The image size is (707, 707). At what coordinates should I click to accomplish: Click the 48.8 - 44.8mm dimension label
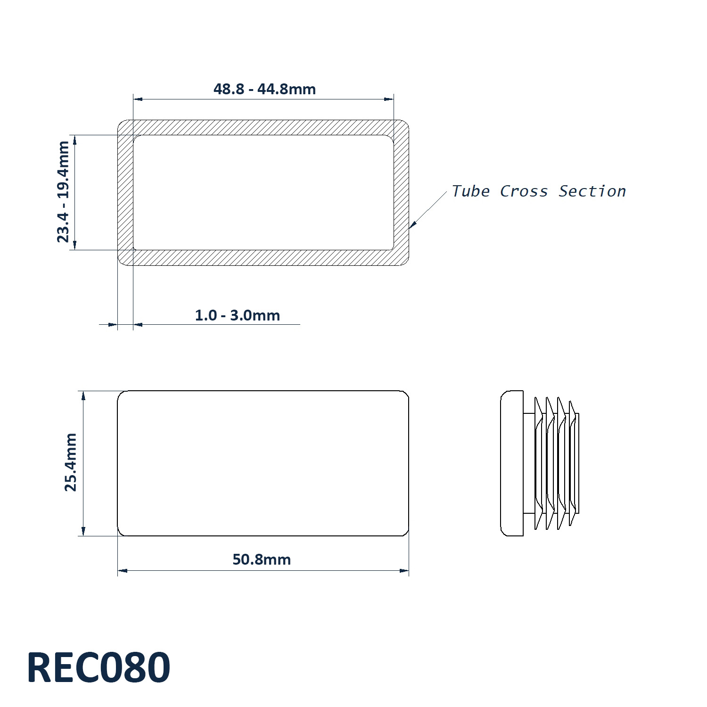(x=264, y=89)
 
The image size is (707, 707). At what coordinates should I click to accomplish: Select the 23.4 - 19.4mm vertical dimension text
(x=63, y=192)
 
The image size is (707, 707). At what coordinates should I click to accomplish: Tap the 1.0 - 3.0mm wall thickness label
(x=238, y=315)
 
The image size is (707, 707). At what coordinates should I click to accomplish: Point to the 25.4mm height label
(x=70, y=462)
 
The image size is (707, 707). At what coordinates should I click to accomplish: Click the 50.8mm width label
(x=262, y=559)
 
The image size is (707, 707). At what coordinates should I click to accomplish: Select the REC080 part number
(x=99, y=667)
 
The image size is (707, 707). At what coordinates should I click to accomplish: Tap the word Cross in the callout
(x=524, y=191)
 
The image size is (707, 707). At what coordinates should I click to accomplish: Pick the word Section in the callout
(x=592, y=191)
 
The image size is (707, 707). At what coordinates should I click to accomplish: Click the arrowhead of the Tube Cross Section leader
(x=411, y=225)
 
